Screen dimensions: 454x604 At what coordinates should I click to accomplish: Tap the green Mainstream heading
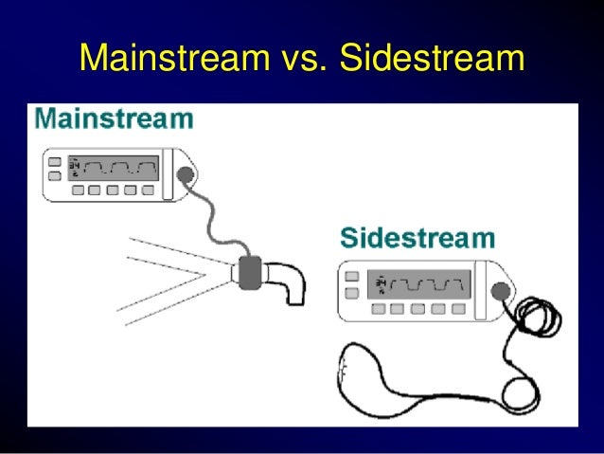113,120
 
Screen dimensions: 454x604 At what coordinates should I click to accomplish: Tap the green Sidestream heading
417,237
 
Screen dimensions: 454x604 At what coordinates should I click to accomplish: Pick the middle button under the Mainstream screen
113,190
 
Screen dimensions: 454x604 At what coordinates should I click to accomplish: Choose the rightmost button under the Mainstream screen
148,190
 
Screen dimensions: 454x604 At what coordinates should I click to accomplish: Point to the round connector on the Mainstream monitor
183,175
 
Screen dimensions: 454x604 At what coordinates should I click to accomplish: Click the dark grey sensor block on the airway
253,273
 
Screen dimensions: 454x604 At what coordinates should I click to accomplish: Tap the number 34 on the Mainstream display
74,168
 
